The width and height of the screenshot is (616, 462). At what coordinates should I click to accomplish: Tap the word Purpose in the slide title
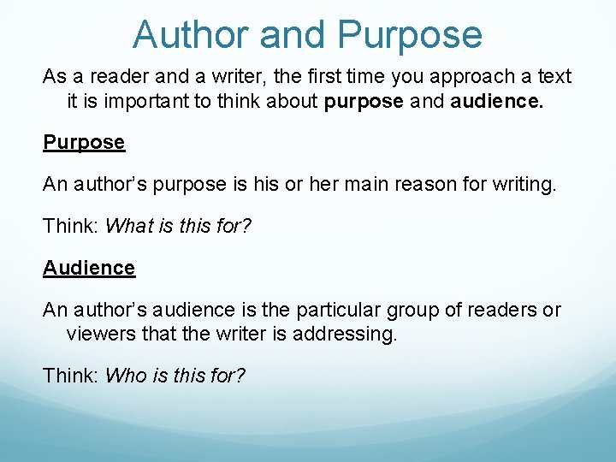pyautogui.click(x=410, y=35)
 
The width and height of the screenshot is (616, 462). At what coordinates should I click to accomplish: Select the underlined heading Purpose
pyautogui.click(x=84, y=142)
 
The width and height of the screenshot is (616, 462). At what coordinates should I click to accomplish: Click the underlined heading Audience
pyautogui.click(x=89, y=268)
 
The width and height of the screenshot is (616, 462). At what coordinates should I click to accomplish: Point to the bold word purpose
pyautogui.click(x=363, y=102)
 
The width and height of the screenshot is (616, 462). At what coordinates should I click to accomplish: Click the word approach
pyautogui.click(x=468, y=77)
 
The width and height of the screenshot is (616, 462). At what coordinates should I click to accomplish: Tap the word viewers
pyautogui.click(x=101, y=334)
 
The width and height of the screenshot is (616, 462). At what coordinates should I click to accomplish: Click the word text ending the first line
pyautogui.click(x=554, y=77)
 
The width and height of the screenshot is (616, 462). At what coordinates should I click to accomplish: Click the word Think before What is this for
pyautogui.click(x=71, y=226)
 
